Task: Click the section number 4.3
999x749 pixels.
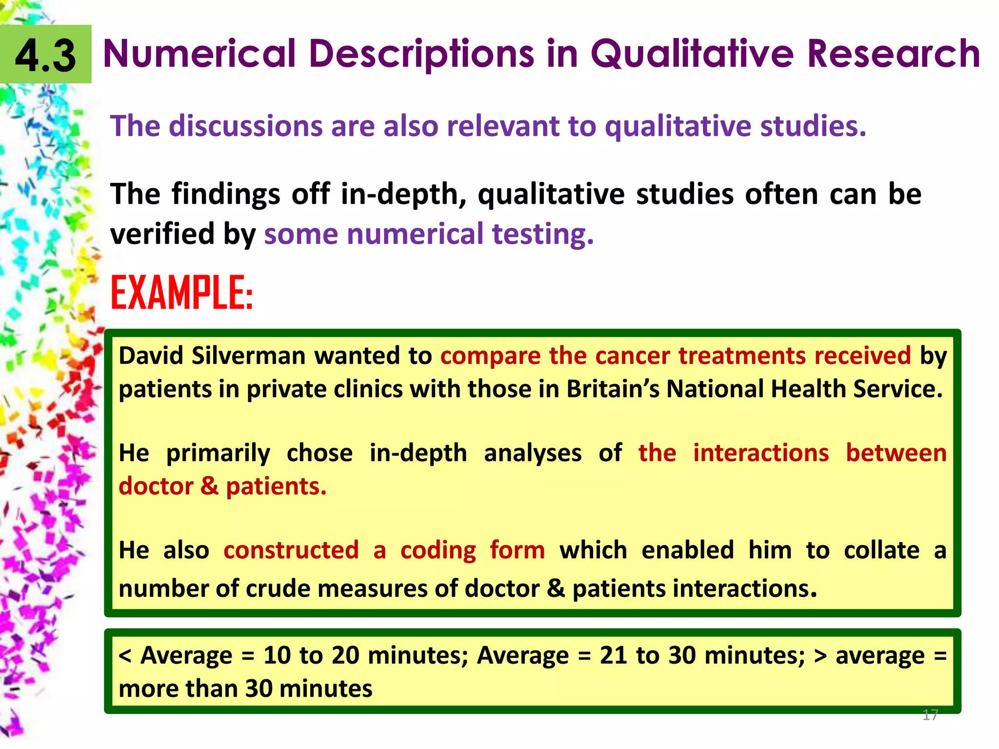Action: pos(45,55)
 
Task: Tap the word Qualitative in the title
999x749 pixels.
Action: pos(693,53)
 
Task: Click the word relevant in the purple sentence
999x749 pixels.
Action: pos(503,126)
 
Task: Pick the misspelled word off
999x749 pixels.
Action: pos(311,194)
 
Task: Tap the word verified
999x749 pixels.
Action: pos(163,234)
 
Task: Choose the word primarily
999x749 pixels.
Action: pos(218,453)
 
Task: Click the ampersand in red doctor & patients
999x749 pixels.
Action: pos(209,486)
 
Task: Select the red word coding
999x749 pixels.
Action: pos(438,551)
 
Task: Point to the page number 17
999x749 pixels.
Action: pos(930,715)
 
